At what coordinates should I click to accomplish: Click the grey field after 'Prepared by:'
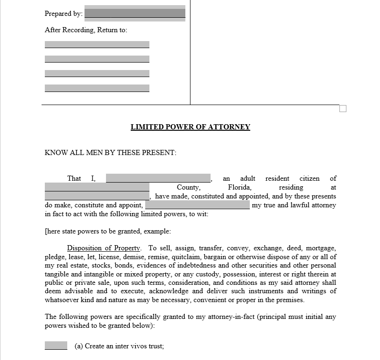[134, 13]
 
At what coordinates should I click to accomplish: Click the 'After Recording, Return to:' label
[86, 30]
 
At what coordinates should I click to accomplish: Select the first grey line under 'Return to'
[97, 44]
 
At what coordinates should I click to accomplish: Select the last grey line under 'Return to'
[97, 88]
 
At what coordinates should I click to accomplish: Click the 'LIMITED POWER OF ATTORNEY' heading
[190, 127]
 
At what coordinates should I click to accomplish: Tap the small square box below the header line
[343, 109]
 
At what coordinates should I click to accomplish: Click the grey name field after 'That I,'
[158, 178]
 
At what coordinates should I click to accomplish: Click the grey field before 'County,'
[97, 187]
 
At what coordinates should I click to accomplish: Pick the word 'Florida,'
[240, 187]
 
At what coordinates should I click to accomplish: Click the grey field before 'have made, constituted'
[97, 196]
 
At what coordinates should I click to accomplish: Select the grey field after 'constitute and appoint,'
[197, 205]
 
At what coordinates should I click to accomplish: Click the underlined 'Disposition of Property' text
[104, 248]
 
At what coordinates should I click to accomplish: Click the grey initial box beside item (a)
[56, 346]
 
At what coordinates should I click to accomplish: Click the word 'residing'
[291, 187]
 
